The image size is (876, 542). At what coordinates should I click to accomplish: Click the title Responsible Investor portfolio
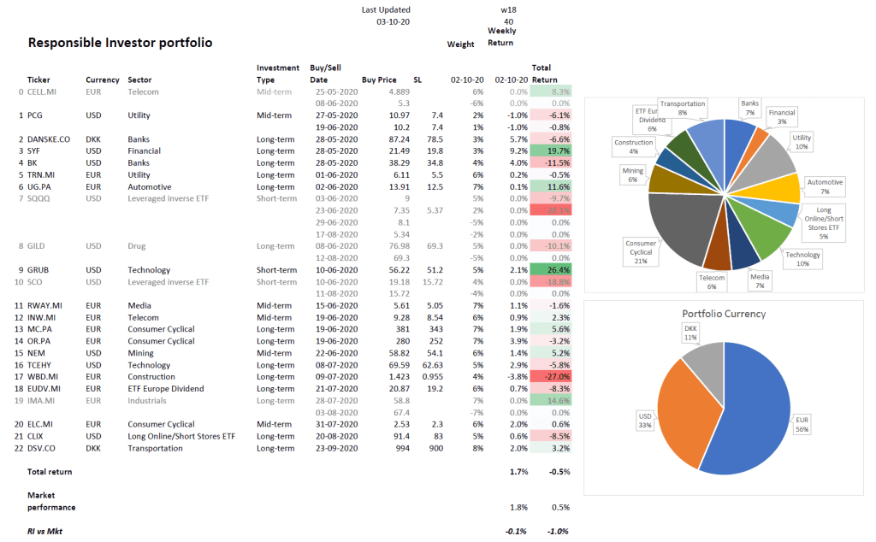120,43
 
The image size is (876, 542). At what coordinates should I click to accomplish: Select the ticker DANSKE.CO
50,138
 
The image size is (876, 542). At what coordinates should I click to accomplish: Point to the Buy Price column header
381,80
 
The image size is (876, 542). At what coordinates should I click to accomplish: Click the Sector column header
141,80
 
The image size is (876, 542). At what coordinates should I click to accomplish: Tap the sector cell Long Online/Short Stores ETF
181,436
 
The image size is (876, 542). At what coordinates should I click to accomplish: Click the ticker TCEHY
43,365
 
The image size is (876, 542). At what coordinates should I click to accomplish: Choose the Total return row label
50,471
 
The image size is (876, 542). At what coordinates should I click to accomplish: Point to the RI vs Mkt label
44,531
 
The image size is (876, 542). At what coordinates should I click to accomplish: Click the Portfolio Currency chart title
724,313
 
